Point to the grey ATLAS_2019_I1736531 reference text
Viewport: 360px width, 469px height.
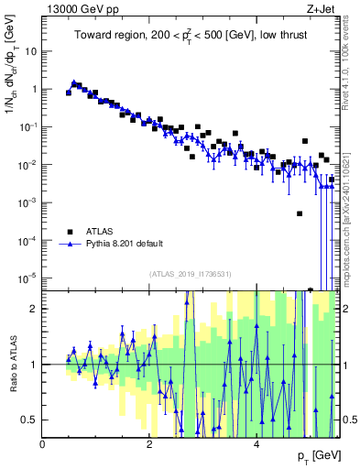190,274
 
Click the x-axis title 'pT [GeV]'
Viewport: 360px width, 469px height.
319,455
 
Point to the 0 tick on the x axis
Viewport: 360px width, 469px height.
43,444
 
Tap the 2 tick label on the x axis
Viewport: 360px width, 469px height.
149,444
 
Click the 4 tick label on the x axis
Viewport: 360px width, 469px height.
256,444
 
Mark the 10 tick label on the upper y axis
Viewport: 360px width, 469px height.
30,51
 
